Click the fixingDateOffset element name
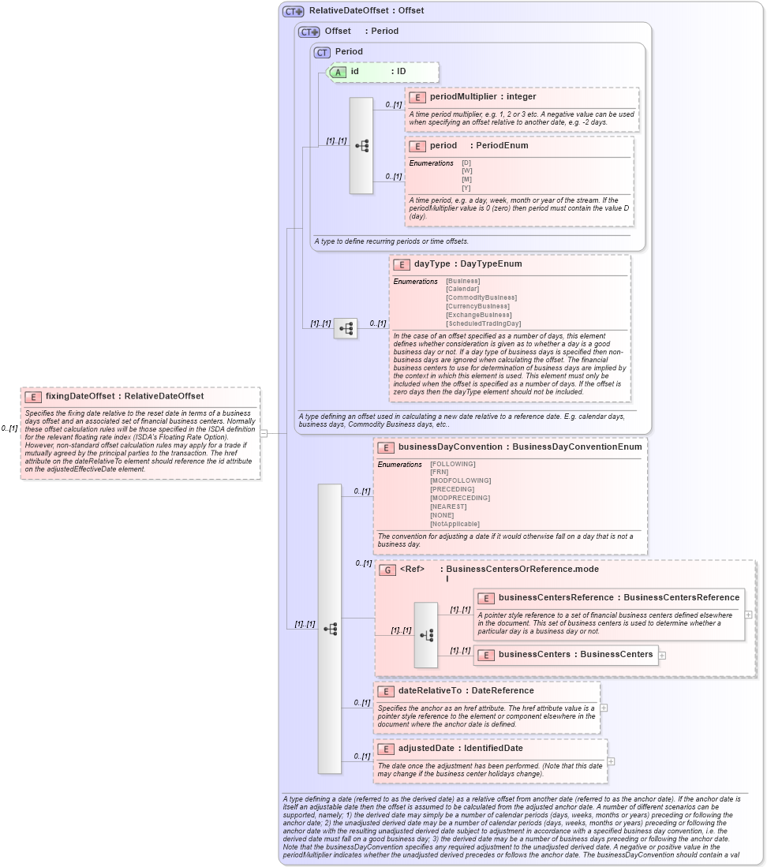(x=80, y=396)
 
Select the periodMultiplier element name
(x=457, y=96)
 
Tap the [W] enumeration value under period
(x=467, y=170)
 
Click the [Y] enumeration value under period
(x=467, y=187)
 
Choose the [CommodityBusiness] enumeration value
(x=481, y=297)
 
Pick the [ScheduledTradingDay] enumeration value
(x=484, y=323)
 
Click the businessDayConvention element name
(x=450, y=447)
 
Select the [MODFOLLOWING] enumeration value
(x=460, y=480)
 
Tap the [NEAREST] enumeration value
(x=450, y=506)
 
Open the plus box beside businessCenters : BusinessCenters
(x=662, y=655)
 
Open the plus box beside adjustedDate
(x=611, y=761)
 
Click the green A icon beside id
(x=338, y=72)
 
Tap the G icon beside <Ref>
(x=387, y=569)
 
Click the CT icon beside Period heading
(x=322, y=52)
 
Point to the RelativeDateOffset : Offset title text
(x=366, y=10)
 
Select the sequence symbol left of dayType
(x=346, y=328)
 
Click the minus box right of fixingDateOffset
(x=264, y=432)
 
